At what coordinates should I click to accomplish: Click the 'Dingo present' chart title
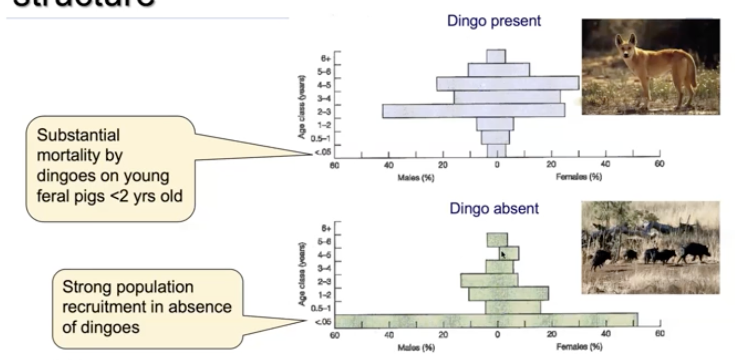coord(494,21)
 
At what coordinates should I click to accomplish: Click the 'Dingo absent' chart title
coord(494,209)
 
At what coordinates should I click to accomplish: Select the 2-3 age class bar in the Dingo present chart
coord(474,111)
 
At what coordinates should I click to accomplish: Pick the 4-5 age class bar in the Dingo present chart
coord(508,83)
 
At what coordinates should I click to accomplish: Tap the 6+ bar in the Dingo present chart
coord(496,56)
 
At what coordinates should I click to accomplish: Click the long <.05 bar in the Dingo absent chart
coord(486,320)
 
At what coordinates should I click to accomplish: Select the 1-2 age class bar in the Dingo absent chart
coord(508,294)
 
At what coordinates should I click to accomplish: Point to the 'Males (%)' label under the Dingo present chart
coord(416,178)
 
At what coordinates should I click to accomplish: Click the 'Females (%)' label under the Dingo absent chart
coord(579,346)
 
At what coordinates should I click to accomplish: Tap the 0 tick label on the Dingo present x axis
coord(497,165)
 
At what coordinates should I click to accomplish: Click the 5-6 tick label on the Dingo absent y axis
coord(324,241)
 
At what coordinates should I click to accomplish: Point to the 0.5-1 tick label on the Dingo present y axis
coord(320,139)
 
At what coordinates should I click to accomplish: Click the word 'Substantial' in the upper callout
coord(78,135)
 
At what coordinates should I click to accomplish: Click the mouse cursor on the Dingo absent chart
coord(503,255)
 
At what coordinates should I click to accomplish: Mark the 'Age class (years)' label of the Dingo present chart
coord(301,107)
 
